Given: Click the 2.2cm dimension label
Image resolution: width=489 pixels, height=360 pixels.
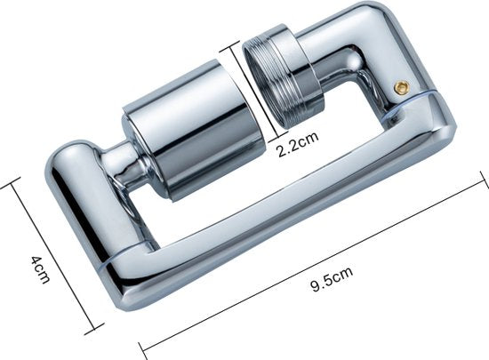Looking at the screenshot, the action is pos(298,144).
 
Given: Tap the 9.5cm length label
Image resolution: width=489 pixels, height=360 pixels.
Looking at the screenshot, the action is pos(333,278).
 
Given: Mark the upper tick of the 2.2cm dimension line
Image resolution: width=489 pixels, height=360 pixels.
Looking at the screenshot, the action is pos(231,47).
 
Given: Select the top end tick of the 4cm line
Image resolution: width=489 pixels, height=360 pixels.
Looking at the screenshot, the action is pos(11,183).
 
